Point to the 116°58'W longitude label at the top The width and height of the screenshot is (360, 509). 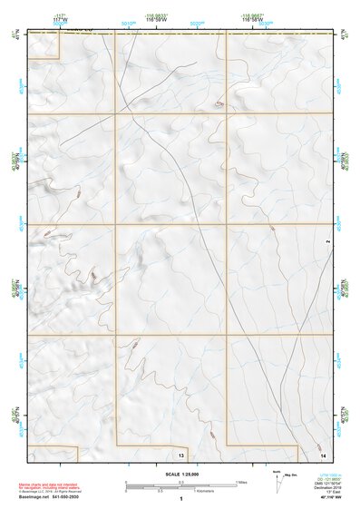click(x=253, y=20)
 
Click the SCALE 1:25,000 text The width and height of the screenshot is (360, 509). click(x=181, y=474)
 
